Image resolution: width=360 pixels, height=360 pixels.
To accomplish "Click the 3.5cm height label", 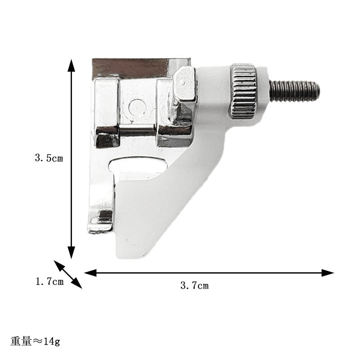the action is click(49, 158).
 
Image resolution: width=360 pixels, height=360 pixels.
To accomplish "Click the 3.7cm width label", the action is click(194, 285).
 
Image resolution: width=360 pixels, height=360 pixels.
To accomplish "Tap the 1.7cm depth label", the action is click(49, 282).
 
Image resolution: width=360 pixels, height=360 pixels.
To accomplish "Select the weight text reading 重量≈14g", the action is click(36, 342).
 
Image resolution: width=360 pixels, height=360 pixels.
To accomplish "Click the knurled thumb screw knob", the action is click(243, 92).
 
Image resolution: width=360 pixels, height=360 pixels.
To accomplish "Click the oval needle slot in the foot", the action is click(139, 165).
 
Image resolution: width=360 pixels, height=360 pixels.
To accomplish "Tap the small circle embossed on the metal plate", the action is click(137, 107).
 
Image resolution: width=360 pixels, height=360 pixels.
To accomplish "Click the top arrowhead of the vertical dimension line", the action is click(72, 65).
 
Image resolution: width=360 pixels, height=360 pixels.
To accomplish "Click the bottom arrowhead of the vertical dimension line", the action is click(72, 252).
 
